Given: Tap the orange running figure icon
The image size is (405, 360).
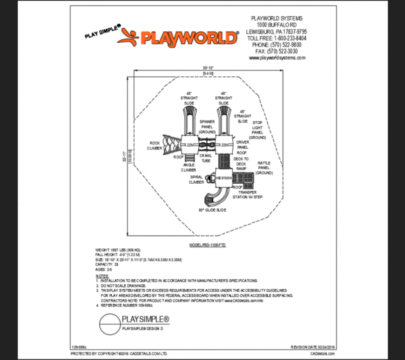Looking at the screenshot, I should click(x=128, y=37).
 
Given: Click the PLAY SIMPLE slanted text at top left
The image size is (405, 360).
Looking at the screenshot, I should click(x=102, y=31).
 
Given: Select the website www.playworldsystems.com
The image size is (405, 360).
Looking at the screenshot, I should click(x=277, y=58).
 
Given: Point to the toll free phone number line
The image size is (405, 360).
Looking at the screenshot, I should click(x=277, y=38).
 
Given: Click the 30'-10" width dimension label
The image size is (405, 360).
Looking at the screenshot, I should click(x=208, y=68).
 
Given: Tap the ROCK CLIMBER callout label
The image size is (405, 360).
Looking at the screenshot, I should click(x=155, y=146).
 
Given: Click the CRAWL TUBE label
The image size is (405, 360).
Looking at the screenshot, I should click(x=206, y=158).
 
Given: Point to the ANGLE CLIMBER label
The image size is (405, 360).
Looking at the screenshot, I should click(x=189, y=167).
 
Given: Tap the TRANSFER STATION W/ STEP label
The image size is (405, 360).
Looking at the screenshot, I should click(x=248, y=194).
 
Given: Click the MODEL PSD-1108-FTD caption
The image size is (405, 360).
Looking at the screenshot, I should click(x=207, y=244).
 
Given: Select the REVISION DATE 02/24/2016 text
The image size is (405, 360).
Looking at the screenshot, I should click(x=312, y=347).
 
